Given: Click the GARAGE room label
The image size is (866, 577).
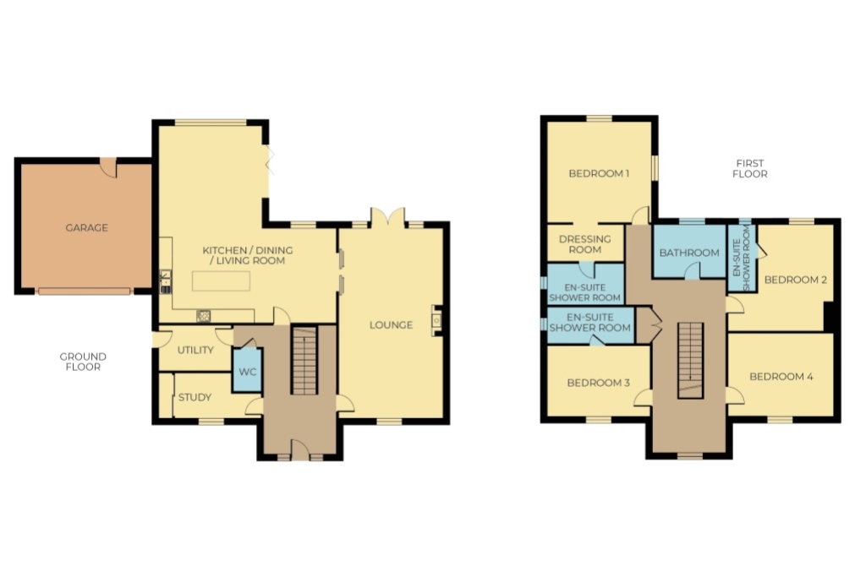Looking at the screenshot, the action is click(x=87, y=227).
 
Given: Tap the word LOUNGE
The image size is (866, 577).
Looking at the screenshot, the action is click(x=391, y=325).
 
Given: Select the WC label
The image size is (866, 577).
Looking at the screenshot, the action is click(x=247, y=372).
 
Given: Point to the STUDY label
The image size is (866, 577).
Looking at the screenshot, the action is click(x=195, y=397).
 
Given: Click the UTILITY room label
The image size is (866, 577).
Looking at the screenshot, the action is click(x=195, y=350).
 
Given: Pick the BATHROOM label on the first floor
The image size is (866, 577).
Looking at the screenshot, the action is click(x=689, y=253).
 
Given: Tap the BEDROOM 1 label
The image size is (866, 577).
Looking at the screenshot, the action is click(x=600, y=173).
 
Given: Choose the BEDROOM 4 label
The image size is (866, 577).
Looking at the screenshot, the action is click(x=781, y=377).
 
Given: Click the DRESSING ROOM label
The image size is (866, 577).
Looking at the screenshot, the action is click(x=585, y=244).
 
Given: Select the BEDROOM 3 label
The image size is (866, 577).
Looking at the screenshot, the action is click(x=599, y=383).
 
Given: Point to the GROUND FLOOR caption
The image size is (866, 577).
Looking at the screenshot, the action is click(x=83, y=362).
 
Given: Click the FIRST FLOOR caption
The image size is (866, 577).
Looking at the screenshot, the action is click(x=750, y=168).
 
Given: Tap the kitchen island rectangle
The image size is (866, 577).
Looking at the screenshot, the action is click(x=221, y=280).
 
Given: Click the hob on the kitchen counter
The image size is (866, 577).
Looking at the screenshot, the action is click(x=204, y=315).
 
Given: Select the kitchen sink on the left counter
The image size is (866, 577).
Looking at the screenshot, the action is click(x=165, y=281).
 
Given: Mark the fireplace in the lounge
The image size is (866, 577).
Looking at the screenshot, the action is click(x=436, y=320).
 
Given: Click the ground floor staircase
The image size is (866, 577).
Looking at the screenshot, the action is click(x=304, y=360).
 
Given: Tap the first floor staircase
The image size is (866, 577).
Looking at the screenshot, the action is click(x=692, y=360).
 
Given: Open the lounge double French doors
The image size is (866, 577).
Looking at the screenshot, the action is click(x=387, y=217).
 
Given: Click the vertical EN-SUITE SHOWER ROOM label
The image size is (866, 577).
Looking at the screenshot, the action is click(x=741, y=258).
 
